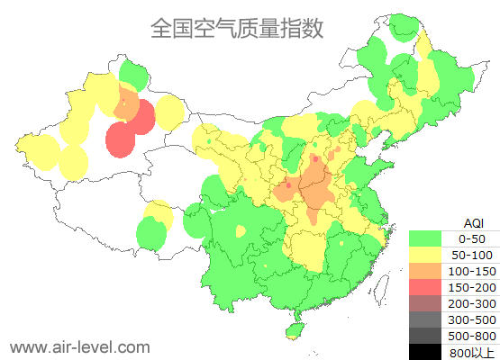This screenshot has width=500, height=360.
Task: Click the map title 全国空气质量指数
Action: click(237, 29)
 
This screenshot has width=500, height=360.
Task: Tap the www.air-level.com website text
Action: click(79, 346)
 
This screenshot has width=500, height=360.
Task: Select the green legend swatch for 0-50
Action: click(426, 238)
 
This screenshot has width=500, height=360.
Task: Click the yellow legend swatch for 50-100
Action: click(426, 255)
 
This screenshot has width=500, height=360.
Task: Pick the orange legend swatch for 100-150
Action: click(426, 271)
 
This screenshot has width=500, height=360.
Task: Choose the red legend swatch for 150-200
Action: click(426, 287)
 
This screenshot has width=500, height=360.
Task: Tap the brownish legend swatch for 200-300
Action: click(426, 303)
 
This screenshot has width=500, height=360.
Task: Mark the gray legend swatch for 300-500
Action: click(426, 319)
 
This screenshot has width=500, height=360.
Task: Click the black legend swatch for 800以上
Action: click(426, 351)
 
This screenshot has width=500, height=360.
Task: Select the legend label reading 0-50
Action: click(472, 238)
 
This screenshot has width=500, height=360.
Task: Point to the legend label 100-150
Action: click(472, 271)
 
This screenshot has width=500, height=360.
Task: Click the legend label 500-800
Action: click(472, 336)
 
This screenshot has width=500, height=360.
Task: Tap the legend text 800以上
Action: click(472, 352)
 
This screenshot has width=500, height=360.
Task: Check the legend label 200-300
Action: click(472, 303)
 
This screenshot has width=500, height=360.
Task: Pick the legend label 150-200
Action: click(472, 287)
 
